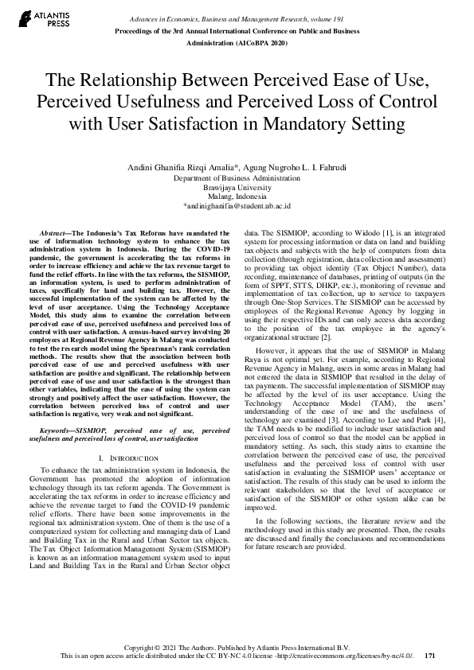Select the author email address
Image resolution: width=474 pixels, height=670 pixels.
[x=237, y=205]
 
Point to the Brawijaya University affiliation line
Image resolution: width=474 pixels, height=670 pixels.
[x=237, y=188]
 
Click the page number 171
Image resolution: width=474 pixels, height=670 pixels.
[x=429, y=656]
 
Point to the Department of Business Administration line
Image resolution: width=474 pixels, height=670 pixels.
[x=237, y=179]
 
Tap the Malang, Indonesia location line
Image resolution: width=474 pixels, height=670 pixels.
[x=237, y=197]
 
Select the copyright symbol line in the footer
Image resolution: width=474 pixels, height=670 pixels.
[x=237, y=647]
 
